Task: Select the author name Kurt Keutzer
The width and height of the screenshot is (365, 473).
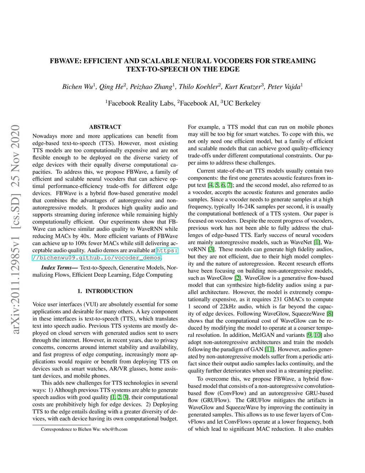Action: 243,87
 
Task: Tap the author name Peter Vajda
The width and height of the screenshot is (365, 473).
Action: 284,87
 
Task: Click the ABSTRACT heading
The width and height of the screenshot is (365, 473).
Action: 105,127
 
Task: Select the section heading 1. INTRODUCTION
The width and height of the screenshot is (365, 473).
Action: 105,291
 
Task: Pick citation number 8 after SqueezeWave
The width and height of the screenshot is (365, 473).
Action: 330,313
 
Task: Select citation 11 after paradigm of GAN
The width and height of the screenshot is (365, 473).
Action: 269,349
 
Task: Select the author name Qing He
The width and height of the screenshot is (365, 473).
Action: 111,87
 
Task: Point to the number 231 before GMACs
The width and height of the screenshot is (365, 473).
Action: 277,299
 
